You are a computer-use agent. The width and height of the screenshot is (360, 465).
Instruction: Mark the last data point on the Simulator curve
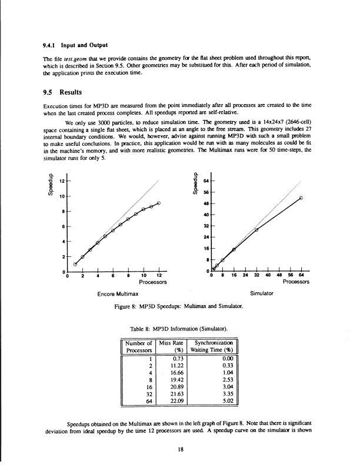(301, 199)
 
